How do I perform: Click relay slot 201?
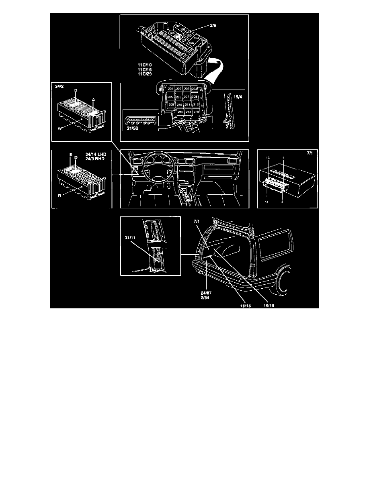[171, 89]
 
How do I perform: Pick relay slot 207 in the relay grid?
[186, 97]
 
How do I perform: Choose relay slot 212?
[196, 104]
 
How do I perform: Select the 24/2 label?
[59, 86]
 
